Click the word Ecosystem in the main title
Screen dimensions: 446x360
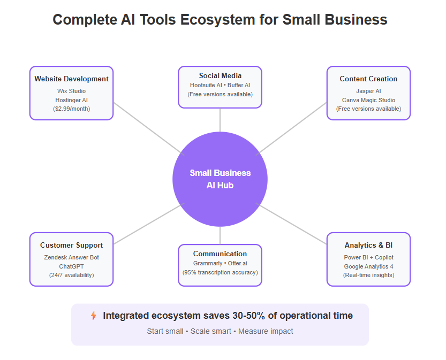[x=217, y=20]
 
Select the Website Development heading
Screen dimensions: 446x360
[x=71, y=79]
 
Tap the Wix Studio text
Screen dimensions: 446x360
[x=71, y=91]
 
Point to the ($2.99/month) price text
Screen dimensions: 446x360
[x=71, y=109]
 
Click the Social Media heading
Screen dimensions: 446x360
[x=220, y=75]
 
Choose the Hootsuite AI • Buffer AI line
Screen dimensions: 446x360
[x=220, y=85]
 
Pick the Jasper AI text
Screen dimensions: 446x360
[x=368, y=91]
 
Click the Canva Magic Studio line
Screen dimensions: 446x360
[x=368, y=100]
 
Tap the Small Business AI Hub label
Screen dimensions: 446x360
[x=220, y=179]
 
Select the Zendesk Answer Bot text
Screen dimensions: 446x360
[x=71, y=257]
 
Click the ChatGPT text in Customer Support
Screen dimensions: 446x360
[x=71, y=266]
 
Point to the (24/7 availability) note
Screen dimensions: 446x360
[x=71, y=275]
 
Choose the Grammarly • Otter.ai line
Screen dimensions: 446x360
[x=220, y=263]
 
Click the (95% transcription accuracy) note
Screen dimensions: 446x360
[x=220, y=272]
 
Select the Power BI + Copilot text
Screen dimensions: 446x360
[x=368, y=257]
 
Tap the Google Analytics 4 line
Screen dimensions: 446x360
[x=368, y=266]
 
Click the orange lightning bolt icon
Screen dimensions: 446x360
[x=94, y=316]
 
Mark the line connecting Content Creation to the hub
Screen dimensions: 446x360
[x=291, y=129]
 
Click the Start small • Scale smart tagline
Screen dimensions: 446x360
[x=189, y=331]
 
